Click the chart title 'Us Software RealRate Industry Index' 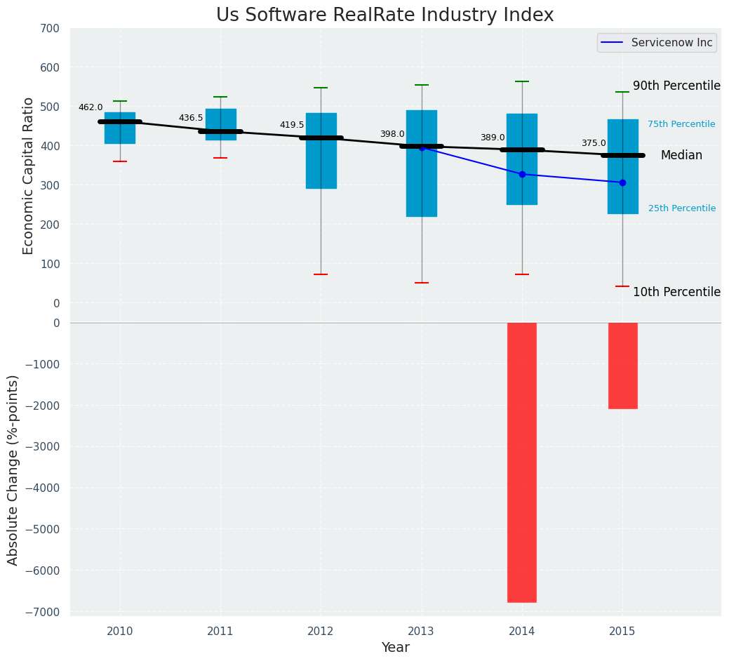pos(384,15)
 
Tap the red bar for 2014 pos(522,462)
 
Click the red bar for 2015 pos(622,366)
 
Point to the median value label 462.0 pos(91,107)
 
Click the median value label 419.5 pos(292,125)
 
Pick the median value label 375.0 pos(594,143)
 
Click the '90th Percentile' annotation pos(676,86)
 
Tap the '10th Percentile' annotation pos(676,292)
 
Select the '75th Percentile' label pos(681,124)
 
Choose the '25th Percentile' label pos(681,208)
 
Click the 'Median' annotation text pos(681,156)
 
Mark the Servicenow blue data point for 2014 pos(522,174)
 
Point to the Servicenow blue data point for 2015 pos(622,182)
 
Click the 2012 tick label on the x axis pos(321,632)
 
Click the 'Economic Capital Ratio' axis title pos(28,166)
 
